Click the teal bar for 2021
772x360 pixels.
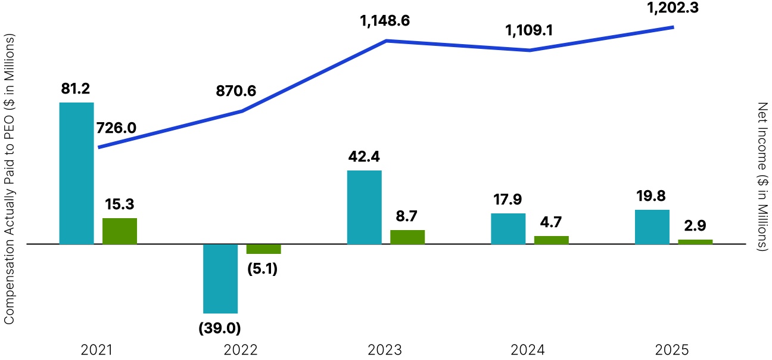[x=77, y=173]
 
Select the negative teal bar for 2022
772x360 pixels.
[x=220, y=278]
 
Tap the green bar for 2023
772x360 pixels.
[x=407, y=237]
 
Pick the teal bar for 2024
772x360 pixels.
[x=508, y=228]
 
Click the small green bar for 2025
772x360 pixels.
[x=695, y=241]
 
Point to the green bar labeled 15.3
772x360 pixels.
[x=120, y=231]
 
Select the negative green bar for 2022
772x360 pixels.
[x=263, y=249]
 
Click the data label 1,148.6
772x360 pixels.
[x=385, y=22]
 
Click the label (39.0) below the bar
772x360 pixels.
[x=220, y=327]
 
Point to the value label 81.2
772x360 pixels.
[x=76, y=89]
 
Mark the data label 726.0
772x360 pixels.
[x=116, y=128]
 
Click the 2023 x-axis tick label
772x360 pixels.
[x=385, y=350]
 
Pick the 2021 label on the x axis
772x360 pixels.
[x=97, y=350]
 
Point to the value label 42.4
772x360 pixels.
[x=363, y=157]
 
